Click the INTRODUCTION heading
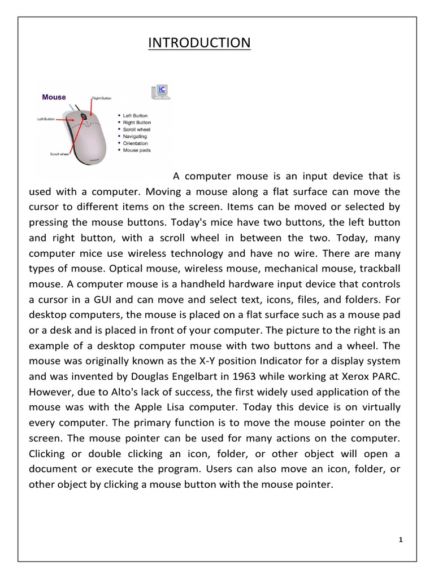click(199, 43)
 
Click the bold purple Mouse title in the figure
click(54, 97)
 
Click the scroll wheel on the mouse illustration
click(84, 117)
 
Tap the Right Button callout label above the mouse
click(102, 98)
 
